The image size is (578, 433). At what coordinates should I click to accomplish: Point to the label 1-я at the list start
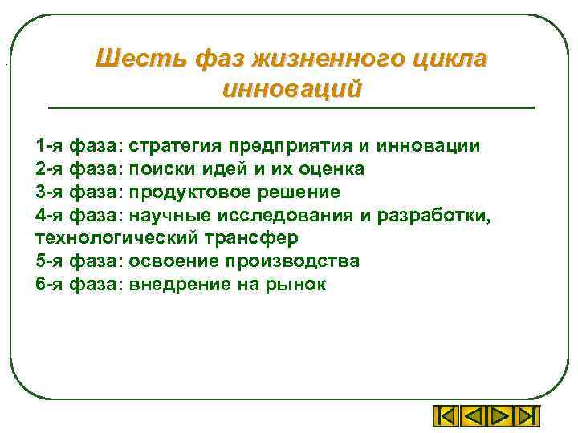(x=49, y=146)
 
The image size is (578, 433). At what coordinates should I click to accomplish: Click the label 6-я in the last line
(x=49, y=285)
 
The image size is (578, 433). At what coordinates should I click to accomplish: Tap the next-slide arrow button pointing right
(x=499, y=418)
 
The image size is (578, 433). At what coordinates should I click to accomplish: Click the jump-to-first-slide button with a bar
(x=446, y=418)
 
